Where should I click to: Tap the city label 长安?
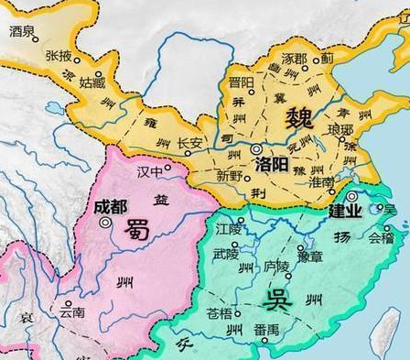pyautogui.click(x=189, y=143)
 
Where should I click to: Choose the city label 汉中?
pyautogui.click(x=148, y=171)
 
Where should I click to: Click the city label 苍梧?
pyautogui.click(x=220, y=314)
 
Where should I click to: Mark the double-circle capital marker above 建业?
pyautogui.click(x=351, y=196)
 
